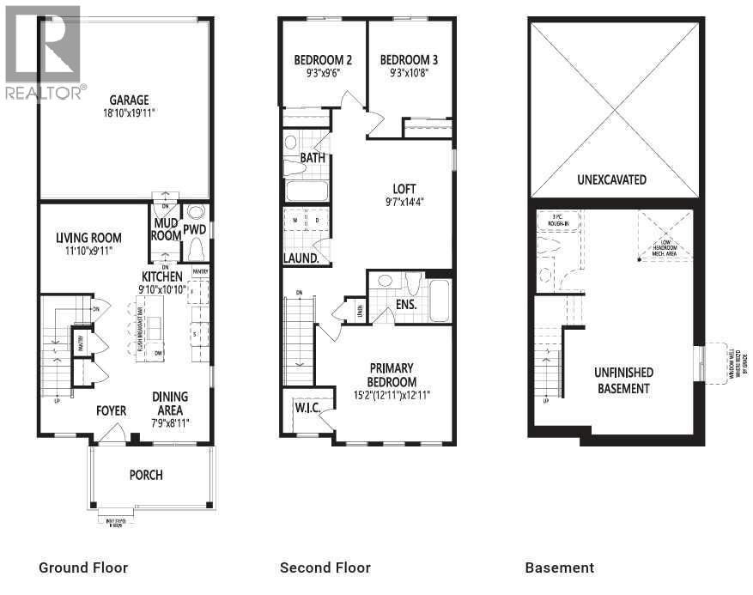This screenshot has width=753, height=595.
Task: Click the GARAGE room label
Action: (130, 100)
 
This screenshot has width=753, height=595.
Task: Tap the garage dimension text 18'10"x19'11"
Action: (130, 112)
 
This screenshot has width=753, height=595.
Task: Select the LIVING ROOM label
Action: (88, 238)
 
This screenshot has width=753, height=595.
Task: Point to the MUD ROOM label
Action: (166, 229)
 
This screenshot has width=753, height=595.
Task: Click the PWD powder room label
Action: (195, 229)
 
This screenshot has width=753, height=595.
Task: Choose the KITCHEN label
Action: (162, 276)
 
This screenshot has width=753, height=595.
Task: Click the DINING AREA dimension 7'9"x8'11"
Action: (170, 422)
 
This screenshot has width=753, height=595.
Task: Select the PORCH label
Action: (146, 475)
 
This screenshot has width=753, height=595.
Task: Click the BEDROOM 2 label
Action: (323, 60)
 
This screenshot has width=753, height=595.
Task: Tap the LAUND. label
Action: (301, 258)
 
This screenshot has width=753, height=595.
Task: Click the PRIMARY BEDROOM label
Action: (392, 376)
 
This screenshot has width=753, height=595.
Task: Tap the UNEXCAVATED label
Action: (612, 180)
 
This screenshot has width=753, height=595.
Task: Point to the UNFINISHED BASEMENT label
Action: (623, 380)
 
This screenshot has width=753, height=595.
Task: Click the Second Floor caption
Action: (325, 568)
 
